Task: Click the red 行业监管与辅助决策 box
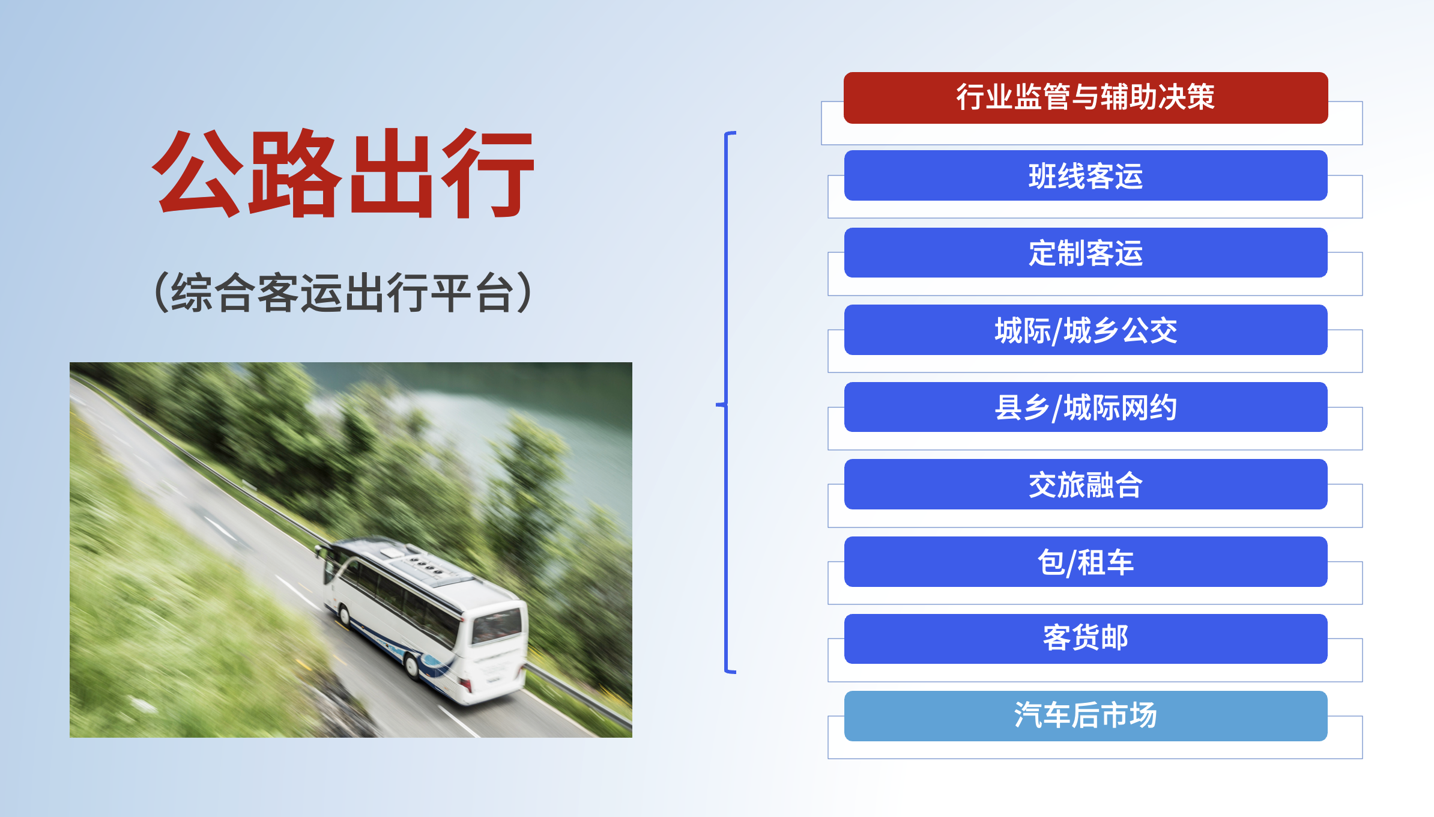pyautogui.click(x=1086, y=98)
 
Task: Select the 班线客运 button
pyautogui.click(x=1086, y=175)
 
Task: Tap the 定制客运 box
pyautogui.click(x=1086, y=252)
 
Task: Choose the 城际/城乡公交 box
pyautogui.click(x=1086, y=330)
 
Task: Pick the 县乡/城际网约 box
pyautogui.click(x=1086, y=407)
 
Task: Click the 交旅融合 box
pyautogui.click(x=1086, y=484)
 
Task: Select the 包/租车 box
pyautogui.click(x=1086, y=562)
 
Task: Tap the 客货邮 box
pyautogui.click(x=1086, y=639)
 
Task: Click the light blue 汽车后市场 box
pyautogui.click(x=1086, y=716)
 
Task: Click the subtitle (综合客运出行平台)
pyautogui.click(x=343, y=293)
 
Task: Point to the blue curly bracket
pyautogui.click(x=727, y=402)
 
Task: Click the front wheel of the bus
pyautogui.click(x=345, y=615)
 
